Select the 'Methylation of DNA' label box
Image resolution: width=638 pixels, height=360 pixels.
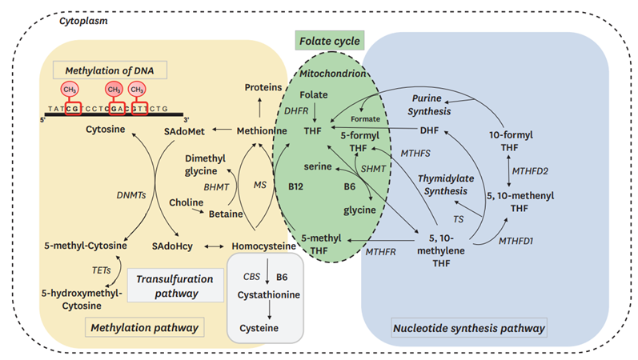[x=110, y=70]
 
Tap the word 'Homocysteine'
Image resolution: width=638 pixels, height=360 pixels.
[x=263, y=246]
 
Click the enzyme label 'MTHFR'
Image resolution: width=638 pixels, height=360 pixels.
[x=381, y=252]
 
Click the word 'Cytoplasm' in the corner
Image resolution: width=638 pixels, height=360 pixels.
[x=84, y=21]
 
